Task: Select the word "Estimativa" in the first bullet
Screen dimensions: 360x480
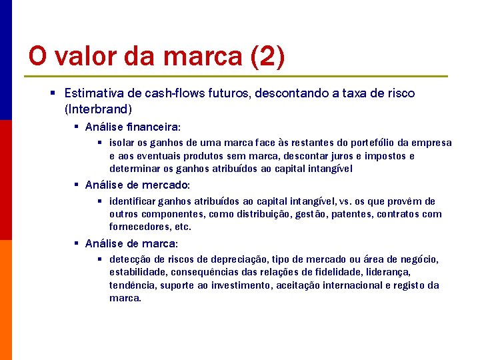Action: tap(93, 93)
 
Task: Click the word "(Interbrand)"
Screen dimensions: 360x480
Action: tap(99, 108)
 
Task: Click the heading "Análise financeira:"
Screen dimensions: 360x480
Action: tap(133, 127)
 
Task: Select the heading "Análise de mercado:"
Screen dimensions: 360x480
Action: tap(137, 185)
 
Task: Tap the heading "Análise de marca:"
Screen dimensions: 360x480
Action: tap(131, 243)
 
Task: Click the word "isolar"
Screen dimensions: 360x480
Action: tap(121, 143)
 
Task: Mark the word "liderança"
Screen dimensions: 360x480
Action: tap(387, 272)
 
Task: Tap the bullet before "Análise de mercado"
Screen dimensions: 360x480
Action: tap(77, 185)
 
